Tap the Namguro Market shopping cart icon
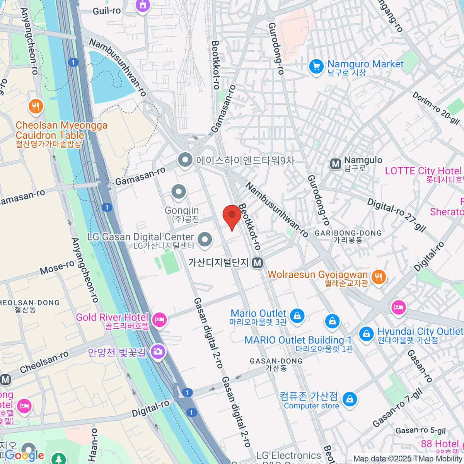(x=316, y=67)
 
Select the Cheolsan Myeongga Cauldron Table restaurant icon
(x=36, y=106)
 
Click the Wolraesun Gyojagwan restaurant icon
(x=379, y=277)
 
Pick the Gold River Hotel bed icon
(x=159, y=320)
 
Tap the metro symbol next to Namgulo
(x=335, y=164)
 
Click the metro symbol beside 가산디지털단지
(x=257, y=263)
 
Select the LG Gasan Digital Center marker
(x=205, y=239)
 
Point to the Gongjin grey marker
(x=179, y=191)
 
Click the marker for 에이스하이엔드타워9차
(x=185, y=160)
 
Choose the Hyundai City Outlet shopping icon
(x=366, y=334)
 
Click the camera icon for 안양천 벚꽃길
(x=158, y=351)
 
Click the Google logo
(x=24, y=455)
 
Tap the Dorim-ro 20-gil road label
(x=436, y=108)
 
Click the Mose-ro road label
(x=57, y=267)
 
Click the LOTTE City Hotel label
(x=423, y=171)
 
